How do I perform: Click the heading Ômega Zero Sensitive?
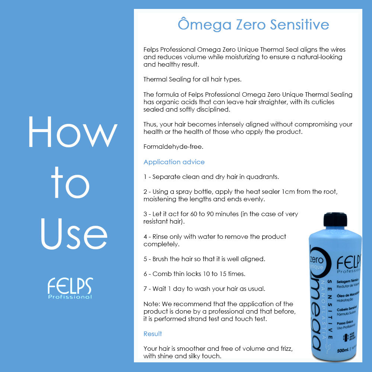coord(253,25)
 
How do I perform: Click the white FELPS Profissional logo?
coord(70,288)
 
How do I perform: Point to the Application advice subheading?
coord(174,162)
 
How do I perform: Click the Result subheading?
coord(153,334)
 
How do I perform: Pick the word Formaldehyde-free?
coord(173,147)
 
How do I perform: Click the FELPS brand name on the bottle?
coord(349,263)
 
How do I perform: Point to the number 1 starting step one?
coord(145,177)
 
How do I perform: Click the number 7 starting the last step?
coord(145,289)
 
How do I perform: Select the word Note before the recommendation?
coord(151,304)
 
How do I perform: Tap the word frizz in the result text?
coord(284,349)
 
